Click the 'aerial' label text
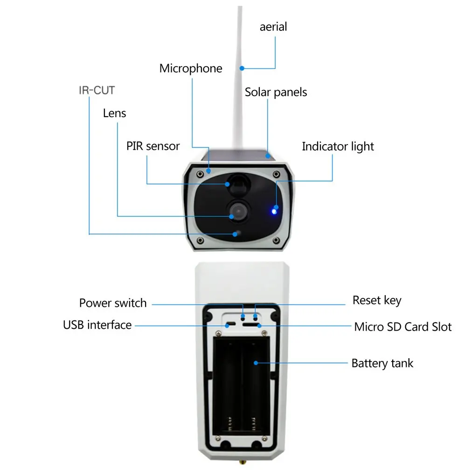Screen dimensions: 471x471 click(x=273, y=27)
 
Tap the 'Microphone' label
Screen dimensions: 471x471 click(x=191, y=69)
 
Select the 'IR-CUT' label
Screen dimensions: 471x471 click(x=97, y=90)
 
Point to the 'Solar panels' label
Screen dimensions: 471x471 click(x=276, y=92)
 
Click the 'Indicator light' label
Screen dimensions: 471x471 click(x=338, y=146)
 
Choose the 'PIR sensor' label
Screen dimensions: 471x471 click(x=153, y=146)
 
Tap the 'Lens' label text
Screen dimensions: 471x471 click(x=114, y=113)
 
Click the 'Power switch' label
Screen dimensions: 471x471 click(x=113, y=303)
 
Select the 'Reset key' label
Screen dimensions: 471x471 click(x=377, y=300)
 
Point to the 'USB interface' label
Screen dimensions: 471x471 click(x=97, y=325)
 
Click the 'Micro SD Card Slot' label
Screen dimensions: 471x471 click(x=403, y=326)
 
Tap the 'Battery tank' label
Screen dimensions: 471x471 click(x=382, y=363)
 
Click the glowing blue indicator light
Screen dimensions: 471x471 click(x=274, y=211)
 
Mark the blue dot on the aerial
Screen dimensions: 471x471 click(x=242, y=69)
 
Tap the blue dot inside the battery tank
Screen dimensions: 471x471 click(x=255, y=363)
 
